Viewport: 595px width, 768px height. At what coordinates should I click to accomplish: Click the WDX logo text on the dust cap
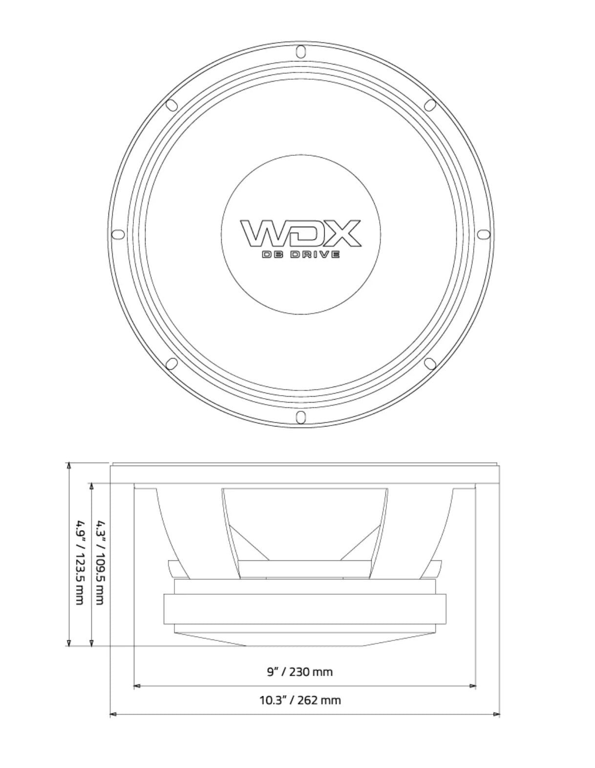point(300,234)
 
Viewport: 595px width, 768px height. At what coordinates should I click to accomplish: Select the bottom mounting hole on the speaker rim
point(301,417)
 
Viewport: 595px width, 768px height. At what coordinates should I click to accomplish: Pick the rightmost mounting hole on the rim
point(484,234)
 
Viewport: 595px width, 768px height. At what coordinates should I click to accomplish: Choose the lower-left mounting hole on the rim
point(172,363)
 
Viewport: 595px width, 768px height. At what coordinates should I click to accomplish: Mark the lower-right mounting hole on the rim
point(430,363)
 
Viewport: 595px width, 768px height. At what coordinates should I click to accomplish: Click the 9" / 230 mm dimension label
point(299,672)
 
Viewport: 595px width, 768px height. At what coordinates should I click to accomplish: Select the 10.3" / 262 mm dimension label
point(299,700)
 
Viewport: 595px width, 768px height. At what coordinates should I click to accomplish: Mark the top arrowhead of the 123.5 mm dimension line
point(69,466)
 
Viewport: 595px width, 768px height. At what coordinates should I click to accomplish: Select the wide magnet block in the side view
point(305,609)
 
